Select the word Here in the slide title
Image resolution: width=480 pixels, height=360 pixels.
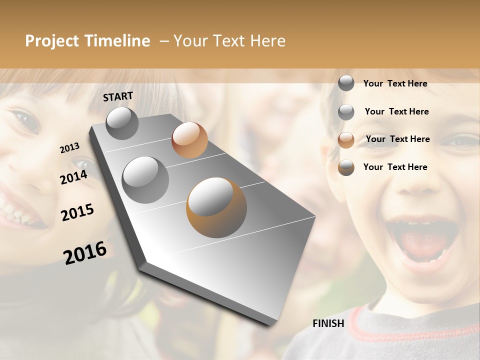[x=267, y=41]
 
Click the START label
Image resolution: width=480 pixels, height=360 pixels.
[x=118, y=96]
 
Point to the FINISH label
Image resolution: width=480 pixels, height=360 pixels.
[x=328, y=323]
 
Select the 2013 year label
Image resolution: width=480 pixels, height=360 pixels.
[x=69, y=148]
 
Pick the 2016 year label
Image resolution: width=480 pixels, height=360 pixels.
[x=85, y=252]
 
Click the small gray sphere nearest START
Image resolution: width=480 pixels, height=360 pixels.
[x=122, y=123]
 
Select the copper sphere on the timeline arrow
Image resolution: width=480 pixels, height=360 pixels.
[x=189, y=140]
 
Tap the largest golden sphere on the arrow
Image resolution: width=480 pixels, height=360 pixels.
[x=216, y=207]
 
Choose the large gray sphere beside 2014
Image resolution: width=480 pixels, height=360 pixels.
[x=145, y=180]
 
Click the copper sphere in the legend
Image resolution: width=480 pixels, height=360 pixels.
[x=346, y=140]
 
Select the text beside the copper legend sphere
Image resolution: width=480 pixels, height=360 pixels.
[x=397, y=139]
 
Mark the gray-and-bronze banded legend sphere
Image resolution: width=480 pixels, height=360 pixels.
[x=346, y=167]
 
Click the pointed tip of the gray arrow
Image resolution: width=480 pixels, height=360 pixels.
[x=272, y=324]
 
